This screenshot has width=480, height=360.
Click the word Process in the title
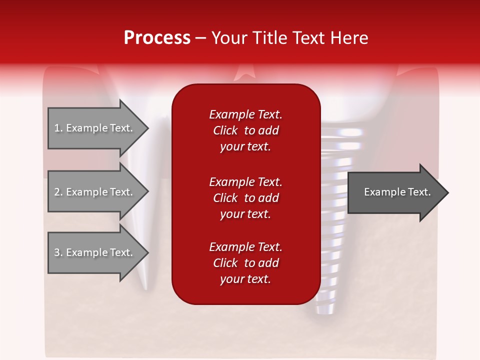pyautogui.click(x=157, y=38)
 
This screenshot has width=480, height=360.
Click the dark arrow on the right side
pyautogui.click(x=395, y=192)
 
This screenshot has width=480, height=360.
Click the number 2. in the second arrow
pyautogui.click(x=58, y=192)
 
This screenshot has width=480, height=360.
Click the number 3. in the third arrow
pyautogui.click(x=58, y=252)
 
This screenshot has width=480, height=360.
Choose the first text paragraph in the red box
pyautogui.click(x=245, y=130)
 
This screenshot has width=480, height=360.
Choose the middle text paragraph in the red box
pyautogui.click(x=245, y=198)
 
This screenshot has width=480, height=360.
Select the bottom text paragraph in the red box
pyautogui.click(x=245, y=263)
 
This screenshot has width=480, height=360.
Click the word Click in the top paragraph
pyautogui.click(x=225, y=130)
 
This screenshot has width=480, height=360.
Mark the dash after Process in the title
pyautogui.click(x=201, y=38)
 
